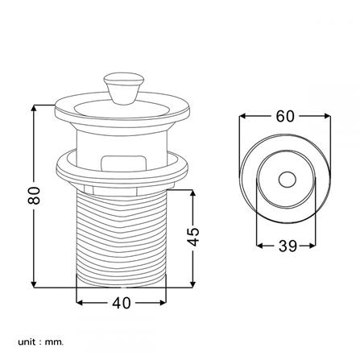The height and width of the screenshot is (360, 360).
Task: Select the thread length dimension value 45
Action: tap(193, 237)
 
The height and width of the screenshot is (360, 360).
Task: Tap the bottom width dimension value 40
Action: tap(122, 304)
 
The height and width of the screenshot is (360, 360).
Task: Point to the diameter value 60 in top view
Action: tap(284, 116)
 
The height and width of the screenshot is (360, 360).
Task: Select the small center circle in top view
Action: tap(287, 179)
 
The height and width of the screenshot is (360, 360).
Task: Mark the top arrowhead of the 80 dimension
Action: tap(34, 107)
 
